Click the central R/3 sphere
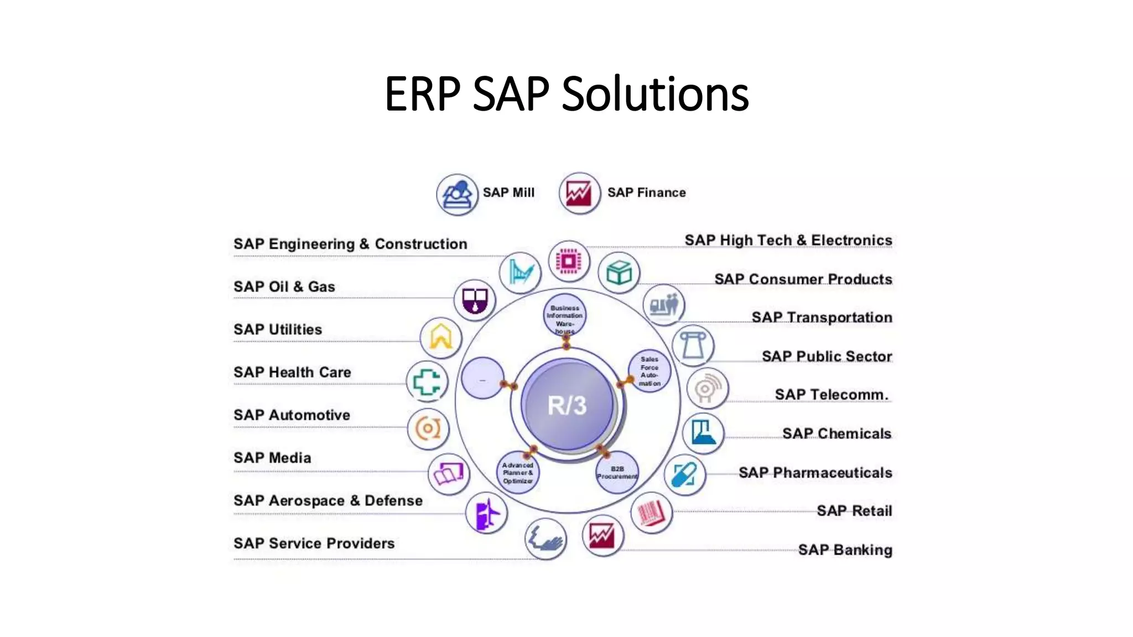point(567,404)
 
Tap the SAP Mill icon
point(457,195)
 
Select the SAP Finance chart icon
point(579,194)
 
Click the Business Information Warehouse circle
point(564,316)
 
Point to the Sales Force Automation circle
point(649,371)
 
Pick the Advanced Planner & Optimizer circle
point(518,473)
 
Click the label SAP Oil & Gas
point(284,286)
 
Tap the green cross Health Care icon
point(427,381)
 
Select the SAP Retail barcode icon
point(651,513)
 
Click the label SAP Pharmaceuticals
point(815,473)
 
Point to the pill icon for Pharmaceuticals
point(684,474)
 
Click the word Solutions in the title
point(655,93)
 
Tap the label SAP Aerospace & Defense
point(328,500)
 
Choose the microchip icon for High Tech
point(569,261)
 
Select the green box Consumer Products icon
point(619,273)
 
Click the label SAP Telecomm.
point(831,395)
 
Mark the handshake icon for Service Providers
point(545,539)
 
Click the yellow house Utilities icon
point(440,337)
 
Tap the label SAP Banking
point(845,550)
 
